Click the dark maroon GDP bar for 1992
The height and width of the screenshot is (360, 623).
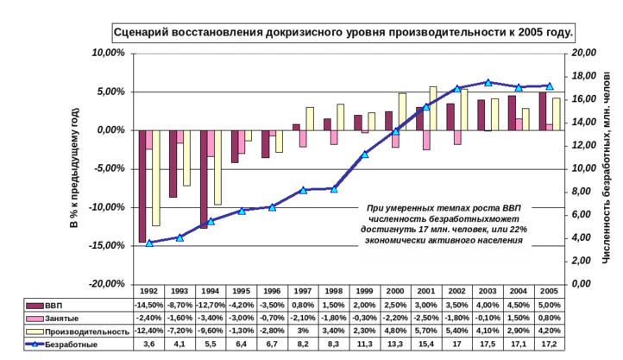point(142,186)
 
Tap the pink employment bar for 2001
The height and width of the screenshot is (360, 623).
point(426,140)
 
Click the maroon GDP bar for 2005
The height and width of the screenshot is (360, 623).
point(543,111)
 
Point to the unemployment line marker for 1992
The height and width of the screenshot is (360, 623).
point(149,243)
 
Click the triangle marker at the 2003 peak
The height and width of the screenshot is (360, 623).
point(488,83)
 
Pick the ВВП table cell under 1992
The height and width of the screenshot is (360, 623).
point(148,306)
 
